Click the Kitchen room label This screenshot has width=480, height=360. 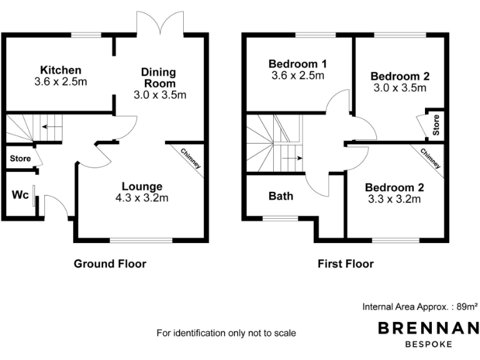pos(61,69)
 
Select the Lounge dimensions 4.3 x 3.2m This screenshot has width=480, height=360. pos(142,198)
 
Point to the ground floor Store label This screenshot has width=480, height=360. pos(20,159)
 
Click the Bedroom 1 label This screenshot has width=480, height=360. pos(298,64)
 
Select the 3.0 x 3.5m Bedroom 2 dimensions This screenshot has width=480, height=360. pos(399,88)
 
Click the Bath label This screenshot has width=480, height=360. pos(281,196)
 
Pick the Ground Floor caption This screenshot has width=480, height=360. pos(110,264)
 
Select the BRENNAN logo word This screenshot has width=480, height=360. pos(427,328)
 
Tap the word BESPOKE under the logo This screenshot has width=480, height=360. pos(427,344)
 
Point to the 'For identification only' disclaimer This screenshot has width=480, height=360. pos(226,333)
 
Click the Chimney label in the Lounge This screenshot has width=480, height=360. pos(191,158)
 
